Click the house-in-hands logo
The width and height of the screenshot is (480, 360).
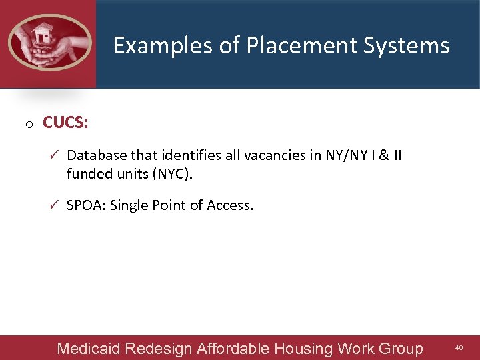click(49, 43)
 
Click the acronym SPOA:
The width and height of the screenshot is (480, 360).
click(86, 205)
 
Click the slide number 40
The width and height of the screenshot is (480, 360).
click(459, 348)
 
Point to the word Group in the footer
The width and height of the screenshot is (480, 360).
click(401, 348)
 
